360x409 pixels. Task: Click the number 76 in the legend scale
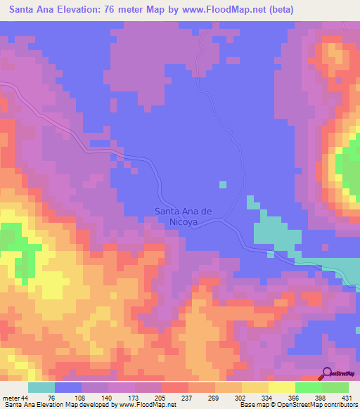51,398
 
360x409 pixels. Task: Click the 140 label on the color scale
105,398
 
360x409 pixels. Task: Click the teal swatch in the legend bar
41,387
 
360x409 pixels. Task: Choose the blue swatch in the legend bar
68,387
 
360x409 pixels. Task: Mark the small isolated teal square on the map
222,185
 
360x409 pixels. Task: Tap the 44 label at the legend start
25,398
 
